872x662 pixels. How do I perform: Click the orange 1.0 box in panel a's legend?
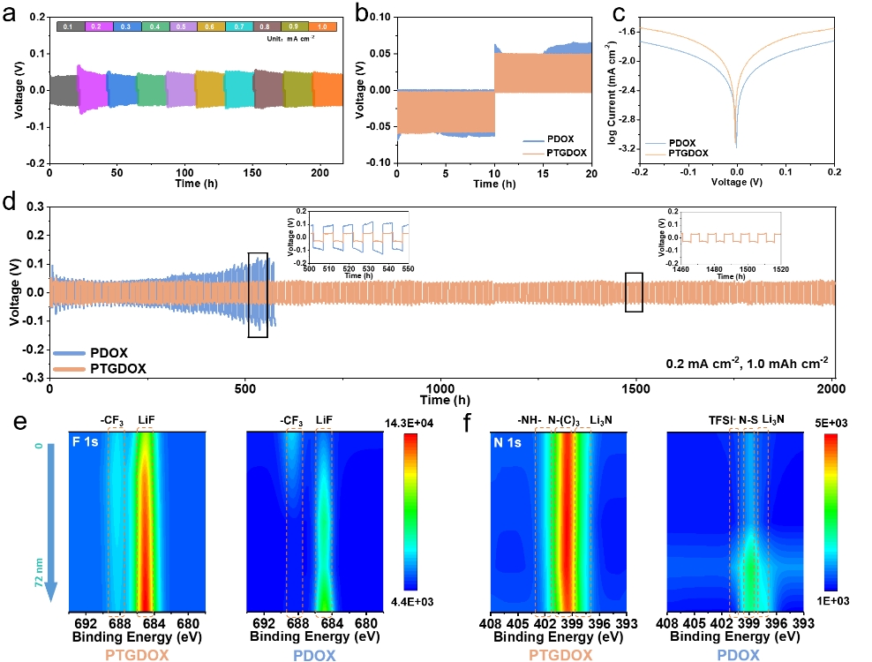pos(323,27)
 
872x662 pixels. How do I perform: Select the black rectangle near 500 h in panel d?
pos(258,294)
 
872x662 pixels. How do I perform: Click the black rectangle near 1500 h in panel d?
pos(634,292)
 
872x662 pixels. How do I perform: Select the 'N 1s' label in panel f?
pos(510,440)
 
